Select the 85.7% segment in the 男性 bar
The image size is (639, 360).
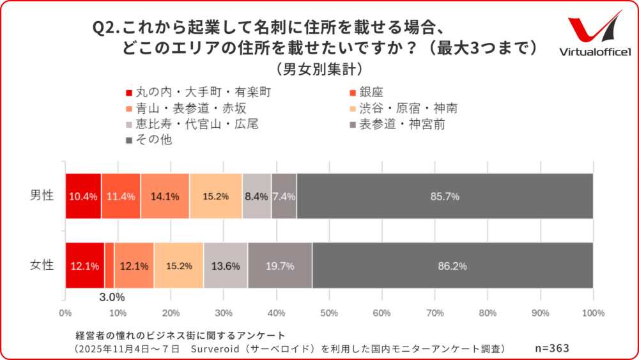coord(445,196)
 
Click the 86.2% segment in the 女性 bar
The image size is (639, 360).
coord(452,265)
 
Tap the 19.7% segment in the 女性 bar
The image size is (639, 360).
coord(279,265)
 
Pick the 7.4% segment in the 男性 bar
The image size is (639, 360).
coord(284,196)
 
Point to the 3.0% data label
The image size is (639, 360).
coord(111,297)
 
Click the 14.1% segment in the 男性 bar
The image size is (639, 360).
coord(165,196)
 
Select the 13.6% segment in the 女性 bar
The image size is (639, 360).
coord(225,265)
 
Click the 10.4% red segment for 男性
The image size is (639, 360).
coord(83,196)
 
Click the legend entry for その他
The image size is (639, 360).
coord(153,140)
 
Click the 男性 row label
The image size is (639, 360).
coord(42,196)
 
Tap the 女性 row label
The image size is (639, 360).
coord(42,265)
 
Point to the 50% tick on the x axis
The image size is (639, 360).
coord(328,313)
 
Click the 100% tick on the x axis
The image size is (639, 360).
coord(593,313)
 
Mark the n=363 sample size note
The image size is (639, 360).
coord(551,348)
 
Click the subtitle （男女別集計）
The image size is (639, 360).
coord(319,67)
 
